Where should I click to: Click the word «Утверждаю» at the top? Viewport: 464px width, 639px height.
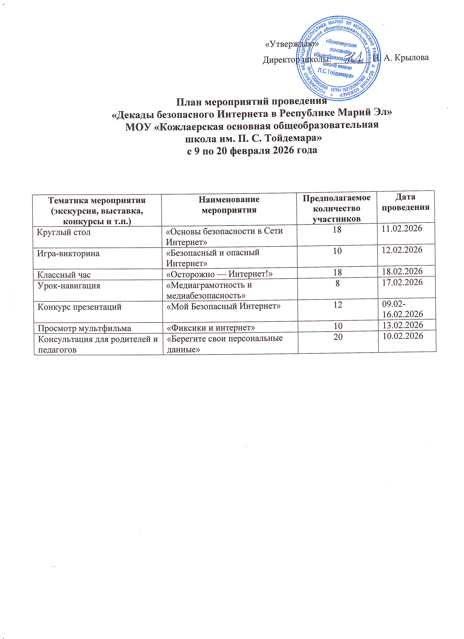[292, 44]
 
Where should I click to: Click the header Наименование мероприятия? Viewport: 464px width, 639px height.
[229, 205]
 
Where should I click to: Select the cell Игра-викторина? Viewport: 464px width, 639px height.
[68, 254]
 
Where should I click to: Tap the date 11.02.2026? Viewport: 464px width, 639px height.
[402, 228]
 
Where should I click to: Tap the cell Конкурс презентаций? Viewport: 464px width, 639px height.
[80, 307]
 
